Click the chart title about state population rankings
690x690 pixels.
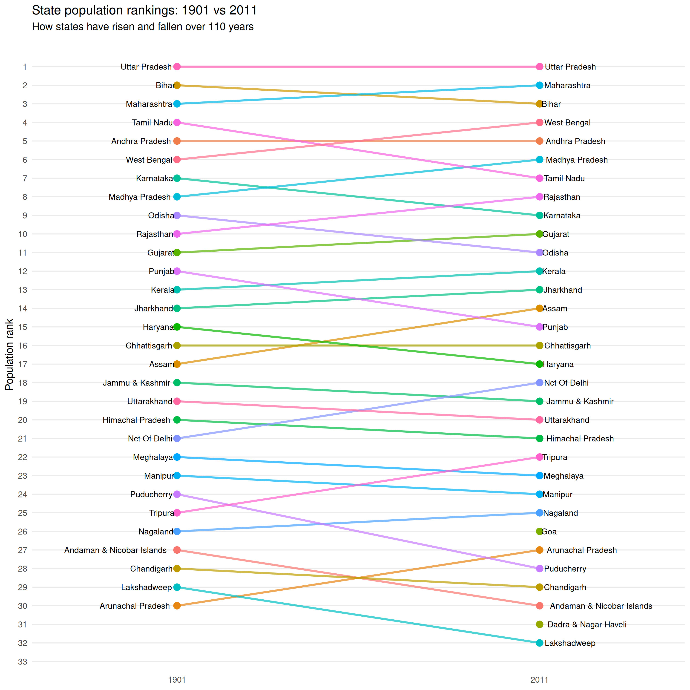[144, 10]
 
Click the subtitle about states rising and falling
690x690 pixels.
[143, 27]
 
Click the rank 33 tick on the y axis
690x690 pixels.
[23, 662]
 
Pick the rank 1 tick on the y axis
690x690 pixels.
[25, 67]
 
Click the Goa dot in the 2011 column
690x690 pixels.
[540, 532]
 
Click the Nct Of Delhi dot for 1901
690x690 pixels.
[177, 439]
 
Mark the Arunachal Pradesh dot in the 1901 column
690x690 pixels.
[177, 606]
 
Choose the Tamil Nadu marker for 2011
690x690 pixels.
[540, 178]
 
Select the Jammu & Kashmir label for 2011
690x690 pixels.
[580, 401]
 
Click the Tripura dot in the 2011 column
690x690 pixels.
[540, 457]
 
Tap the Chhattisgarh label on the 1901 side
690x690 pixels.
[149, 346]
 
